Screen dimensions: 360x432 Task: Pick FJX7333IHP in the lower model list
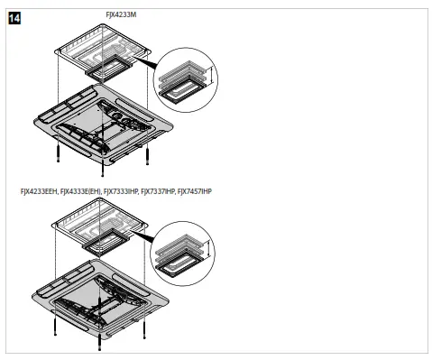[x=122, y=192]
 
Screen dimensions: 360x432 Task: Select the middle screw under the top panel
[x=103, y=169]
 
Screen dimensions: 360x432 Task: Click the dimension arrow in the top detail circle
[x=207, y=78]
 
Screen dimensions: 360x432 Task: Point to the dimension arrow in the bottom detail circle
[x=207, y=252]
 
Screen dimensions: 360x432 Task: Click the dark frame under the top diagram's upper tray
[x=111, y=67]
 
